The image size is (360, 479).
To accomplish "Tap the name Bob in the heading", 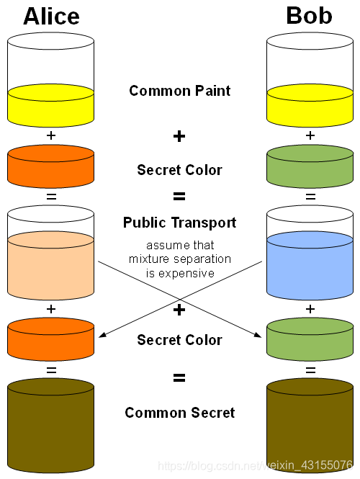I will click(x=309, y=16).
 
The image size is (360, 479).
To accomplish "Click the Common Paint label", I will click(x=179, y=91).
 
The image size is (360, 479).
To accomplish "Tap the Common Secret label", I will click(x=179, y=413).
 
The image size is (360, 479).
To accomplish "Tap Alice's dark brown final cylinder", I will click(x=50, y=425).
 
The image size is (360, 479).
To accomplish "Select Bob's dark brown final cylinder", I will click(x=310, y=425).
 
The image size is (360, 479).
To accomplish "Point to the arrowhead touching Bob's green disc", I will click(x=259, y=335).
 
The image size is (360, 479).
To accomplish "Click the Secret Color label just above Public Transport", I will click(x=179, y=170).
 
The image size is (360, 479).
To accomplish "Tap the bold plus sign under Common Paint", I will click(x=179, y=136).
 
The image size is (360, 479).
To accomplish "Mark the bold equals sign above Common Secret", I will click(x=179, y=377).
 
